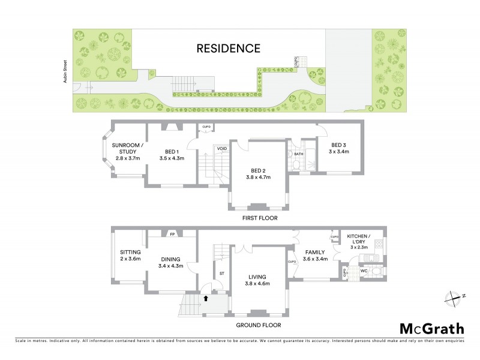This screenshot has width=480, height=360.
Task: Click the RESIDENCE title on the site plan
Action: (229, 49)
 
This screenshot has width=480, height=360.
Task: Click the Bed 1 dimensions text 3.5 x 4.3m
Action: (171, 158)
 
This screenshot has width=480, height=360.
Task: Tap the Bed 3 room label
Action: (339, 145)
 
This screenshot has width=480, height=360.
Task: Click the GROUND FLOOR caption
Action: (258, 325)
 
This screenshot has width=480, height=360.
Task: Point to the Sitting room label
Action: (130, 252)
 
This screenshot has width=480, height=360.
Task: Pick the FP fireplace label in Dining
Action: (172, 234)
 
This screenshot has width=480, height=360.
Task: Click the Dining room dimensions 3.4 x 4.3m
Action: (171, 266)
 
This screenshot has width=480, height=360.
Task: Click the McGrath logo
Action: (432, 328)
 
